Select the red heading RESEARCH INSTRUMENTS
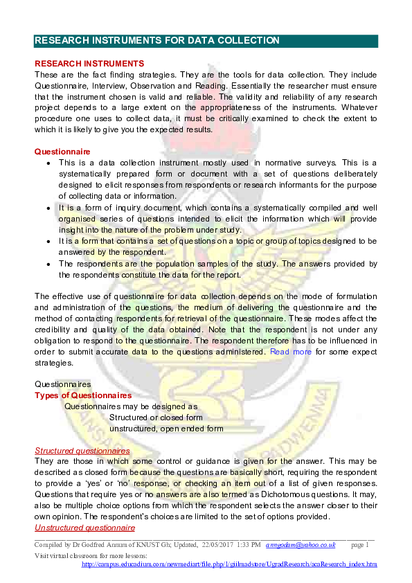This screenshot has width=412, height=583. pyautogui.click(x=89, y=64)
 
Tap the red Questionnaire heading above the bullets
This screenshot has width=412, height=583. pyautogui.click(x=62, y=152)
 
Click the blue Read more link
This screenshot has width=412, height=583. pyautogui.click(x=291, y=352)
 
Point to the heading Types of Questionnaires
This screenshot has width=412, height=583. pyautogui.click(x=83, y=395)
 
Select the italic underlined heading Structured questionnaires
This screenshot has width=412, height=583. pyautogui.click(x=82, y=451)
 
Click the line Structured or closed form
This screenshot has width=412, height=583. pyautogui.click(x=156, y=418)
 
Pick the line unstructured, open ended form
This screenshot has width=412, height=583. pyautogui.click(x=166, y=429)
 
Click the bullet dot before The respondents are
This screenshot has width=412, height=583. pyautogui.click(x=47, y=264)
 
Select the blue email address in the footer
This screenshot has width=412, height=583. pyautogui.click(x=305, y=546)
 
